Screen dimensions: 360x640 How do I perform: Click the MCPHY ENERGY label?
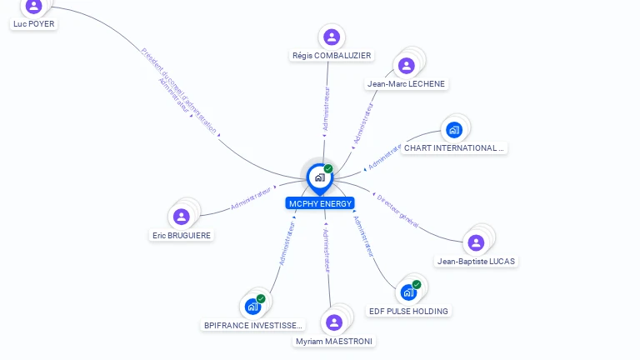[320, 203]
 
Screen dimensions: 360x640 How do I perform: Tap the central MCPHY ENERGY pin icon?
[319, 177]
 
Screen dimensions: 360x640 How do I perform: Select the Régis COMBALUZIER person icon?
[332, 37]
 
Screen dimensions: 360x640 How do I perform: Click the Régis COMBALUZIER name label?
[332, 56]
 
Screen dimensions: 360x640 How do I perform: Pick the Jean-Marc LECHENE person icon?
[407, 65]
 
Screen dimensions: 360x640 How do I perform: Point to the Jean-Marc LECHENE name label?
[407, 84]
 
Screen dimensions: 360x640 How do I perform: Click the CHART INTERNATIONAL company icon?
[453, 130]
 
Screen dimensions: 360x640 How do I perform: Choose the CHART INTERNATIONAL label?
[454, 148]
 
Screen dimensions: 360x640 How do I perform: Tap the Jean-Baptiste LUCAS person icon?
[476, 242]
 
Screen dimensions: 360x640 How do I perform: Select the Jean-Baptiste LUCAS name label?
[477, 261]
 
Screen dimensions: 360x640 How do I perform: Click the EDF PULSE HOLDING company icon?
[408, 292]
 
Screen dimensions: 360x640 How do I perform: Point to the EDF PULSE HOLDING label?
[408, 311]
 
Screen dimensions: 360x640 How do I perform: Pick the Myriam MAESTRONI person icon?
[334, 322]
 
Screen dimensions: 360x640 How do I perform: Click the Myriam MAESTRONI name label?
[335, 341]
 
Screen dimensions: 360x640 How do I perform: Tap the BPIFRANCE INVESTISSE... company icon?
[253, 307]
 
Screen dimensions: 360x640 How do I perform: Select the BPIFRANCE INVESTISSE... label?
[253, 325]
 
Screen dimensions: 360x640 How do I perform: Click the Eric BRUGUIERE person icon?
[182, 217]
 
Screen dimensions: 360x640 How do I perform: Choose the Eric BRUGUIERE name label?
[182, 235]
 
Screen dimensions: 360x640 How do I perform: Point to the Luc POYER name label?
[34, 24]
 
